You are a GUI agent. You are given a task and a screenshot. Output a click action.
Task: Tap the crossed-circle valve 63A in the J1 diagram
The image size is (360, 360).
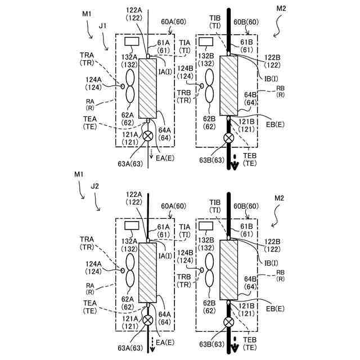click(x=148, y=136)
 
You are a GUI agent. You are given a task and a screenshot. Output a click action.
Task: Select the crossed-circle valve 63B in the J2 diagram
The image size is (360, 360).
click(x=229, y=322)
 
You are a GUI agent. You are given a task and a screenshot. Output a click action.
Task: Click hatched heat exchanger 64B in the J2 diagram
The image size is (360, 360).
click(x=229, y=270)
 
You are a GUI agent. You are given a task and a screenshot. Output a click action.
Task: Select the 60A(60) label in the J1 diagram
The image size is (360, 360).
click(x=173, y=22)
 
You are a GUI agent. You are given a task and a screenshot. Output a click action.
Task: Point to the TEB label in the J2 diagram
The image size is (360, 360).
click(x=250, y=340)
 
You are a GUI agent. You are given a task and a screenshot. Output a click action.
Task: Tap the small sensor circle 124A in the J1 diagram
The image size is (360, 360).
click(x=123, y=86)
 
